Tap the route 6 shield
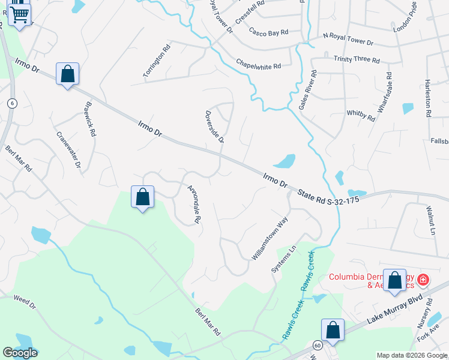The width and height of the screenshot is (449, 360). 11,103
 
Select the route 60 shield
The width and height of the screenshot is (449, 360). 316,345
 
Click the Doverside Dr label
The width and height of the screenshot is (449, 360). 214,127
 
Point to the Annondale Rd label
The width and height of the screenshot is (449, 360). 193,204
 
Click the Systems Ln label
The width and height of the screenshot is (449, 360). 285,259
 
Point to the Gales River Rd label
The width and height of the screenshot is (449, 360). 307,89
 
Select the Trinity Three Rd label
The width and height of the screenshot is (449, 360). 357,60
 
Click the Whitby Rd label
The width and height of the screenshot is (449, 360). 361,116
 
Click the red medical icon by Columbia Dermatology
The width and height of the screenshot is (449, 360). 423,279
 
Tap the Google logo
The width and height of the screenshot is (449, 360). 20,353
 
